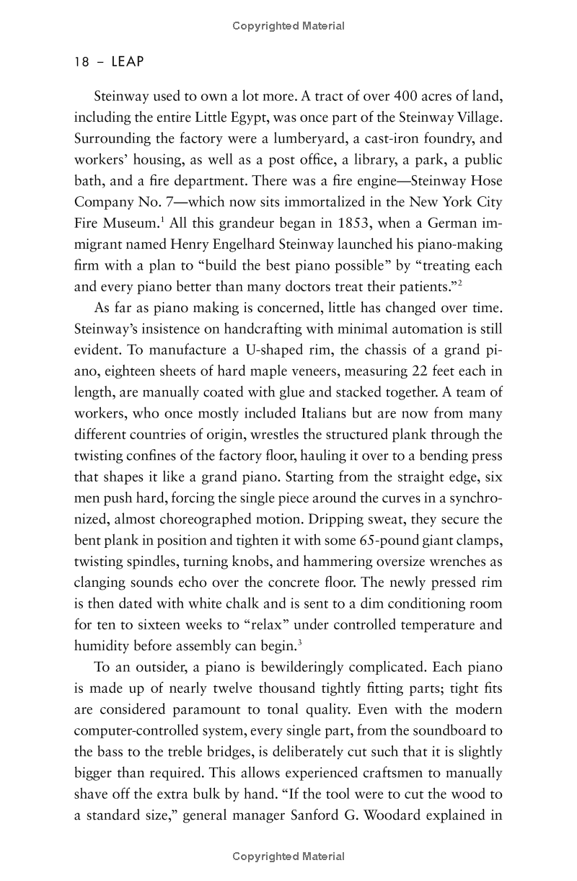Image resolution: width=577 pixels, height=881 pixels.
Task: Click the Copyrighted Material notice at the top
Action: [288, 26]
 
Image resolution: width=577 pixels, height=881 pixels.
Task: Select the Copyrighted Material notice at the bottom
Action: [288, 856]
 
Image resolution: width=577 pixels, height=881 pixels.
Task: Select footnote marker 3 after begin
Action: [299, 640]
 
